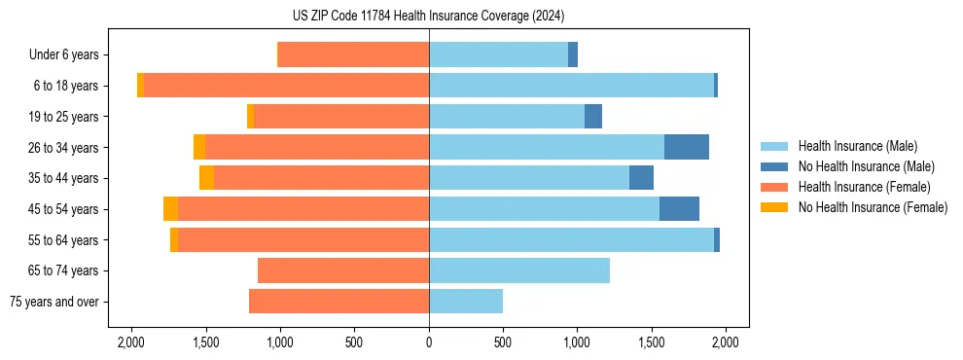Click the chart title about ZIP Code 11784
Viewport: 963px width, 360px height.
click(428, 17)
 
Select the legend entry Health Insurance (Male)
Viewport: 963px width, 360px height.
click(856, 146)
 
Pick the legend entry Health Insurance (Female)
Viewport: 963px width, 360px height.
click(864, 187)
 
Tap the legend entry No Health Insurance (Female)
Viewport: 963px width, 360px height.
click(873, 207)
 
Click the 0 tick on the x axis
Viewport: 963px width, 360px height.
click(429, 342)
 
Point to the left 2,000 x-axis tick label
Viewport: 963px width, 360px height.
click(131, 342)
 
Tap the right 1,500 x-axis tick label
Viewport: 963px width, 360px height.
click(651, 342)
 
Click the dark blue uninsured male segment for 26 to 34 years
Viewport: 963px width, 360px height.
click(687, 147)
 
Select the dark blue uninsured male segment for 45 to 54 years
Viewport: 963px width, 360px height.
click(679, 209)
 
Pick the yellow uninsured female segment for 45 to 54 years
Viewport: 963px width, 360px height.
click(170, 209)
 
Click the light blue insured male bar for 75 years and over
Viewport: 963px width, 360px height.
click(466, 302)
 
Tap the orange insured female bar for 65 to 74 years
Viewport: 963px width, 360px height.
click(343, 270)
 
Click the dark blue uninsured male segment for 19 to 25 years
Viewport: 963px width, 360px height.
click(593, 117)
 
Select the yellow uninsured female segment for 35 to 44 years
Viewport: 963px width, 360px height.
click(206, 178)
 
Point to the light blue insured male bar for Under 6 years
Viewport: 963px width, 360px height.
click(498, 55)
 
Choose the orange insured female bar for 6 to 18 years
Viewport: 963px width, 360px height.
click(287, 86)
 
